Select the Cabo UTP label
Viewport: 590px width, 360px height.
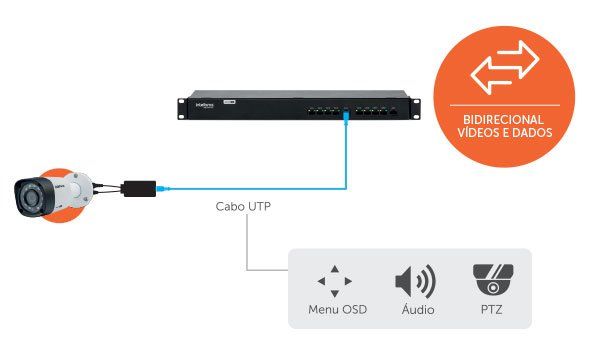[243, 209]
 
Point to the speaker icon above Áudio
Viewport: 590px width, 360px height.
[415, 281]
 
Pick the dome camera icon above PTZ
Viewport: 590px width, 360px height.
[491, 280]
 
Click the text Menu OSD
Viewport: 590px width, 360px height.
[337, 310]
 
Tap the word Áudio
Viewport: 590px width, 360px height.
[415, 310]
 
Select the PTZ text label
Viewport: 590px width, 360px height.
[491, 310]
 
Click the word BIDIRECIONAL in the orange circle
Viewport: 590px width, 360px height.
[504, 116]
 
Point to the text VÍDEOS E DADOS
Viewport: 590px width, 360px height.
[504, 132]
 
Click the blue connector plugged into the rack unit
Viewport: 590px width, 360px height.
[346, 118]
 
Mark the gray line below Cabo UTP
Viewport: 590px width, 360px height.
[247, 245]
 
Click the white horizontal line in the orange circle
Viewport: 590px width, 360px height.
[504, 103]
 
